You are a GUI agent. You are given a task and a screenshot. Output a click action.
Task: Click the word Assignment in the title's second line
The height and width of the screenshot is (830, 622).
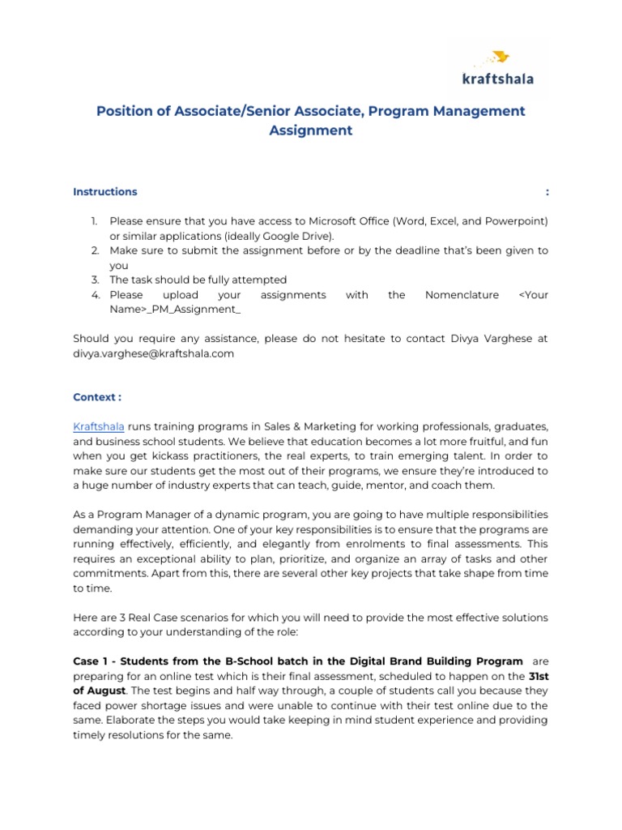311,130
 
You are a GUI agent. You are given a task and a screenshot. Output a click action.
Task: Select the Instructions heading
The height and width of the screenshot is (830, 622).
104,192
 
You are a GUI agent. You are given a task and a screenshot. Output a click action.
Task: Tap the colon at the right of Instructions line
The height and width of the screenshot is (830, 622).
547,192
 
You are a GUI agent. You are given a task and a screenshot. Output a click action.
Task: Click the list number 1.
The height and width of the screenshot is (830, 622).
93,221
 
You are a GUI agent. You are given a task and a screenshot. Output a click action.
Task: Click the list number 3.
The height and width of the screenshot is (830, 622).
93,280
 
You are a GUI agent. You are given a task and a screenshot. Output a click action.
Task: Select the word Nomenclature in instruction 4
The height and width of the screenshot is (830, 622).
462,295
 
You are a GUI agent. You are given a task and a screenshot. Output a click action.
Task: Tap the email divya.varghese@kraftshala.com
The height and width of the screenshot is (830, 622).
153,353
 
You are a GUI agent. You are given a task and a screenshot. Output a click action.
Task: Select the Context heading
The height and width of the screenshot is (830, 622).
97,397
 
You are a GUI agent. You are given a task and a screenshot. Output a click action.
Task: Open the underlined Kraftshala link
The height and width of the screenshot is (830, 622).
99,426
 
